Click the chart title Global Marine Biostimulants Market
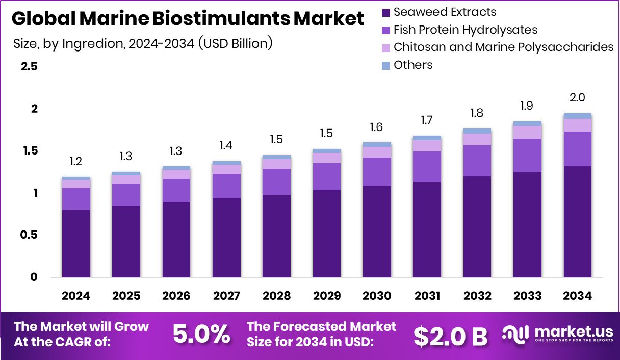pos(188,19)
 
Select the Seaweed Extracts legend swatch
pos(386,12)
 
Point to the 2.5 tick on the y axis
pos(29,67)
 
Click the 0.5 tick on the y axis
pos(29,235)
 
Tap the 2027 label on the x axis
pos(226,296)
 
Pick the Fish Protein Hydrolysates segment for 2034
pos(577,149)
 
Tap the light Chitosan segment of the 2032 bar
pos(477,139)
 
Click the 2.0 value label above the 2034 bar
pos(577,98)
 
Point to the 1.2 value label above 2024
pos(76,162)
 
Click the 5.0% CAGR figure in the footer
pos(201,335)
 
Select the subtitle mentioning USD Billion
pos(143,43)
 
